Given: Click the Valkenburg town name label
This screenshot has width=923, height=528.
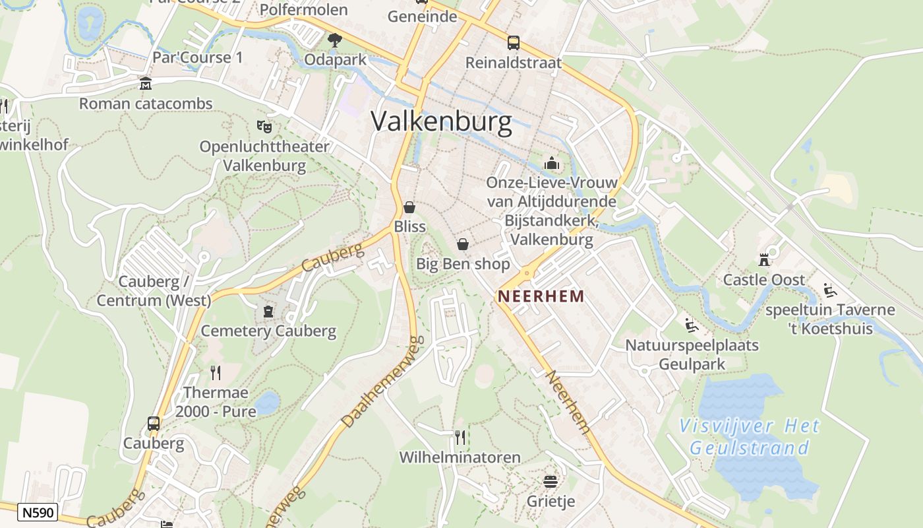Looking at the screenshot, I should [x=441, y=122].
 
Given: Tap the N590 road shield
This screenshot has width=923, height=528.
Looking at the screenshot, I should [x=38, y=512].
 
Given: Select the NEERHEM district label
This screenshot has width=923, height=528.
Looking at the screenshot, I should [x=541, y=296].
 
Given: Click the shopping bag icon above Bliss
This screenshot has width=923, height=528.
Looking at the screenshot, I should [x=409, y=207].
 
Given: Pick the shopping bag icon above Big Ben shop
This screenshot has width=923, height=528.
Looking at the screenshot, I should [x=463, y=244].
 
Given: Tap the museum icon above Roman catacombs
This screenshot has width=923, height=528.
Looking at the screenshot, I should [x=145, y=84].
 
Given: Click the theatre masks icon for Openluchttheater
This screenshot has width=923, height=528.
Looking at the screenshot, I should [x=264, y=125].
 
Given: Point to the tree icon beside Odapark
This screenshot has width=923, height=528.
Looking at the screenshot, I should [x=335, y=40].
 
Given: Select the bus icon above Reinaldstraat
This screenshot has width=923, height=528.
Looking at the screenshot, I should [x=513, y=43].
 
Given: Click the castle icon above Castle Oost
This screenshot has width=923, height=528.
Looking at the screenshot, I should [x=764, y=259].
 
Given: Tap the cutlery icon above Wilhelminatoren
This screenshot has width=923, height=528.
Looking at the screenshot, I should [x=460, y=437].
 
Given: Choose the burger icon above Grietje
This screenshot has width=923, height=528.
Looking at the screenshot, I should [x=551, y=481].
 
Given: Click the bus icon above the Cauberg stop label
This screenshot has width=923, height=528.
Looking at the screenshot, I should [x=154, y=423].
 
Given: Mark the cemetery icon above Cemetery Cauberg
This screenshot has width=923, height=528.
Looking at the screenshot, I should [x=268, y=311].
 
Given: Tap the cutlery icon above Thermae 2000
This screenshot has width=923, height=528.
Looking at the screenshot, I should [x=216, y=373].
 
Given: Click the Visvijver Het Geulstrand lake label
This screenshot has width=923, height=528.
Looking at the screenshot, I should [x=749, y=437].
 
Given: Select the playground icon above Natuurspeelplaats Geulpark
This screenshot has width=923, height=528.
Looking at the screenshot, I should [x=691, y=325].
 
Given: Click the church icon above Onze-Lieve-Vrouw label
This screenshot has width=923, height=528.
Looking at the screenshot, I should [x=552, y=162].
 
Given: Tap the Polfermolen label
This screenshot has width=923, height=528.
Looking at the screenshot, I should [x=303, y=9].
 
